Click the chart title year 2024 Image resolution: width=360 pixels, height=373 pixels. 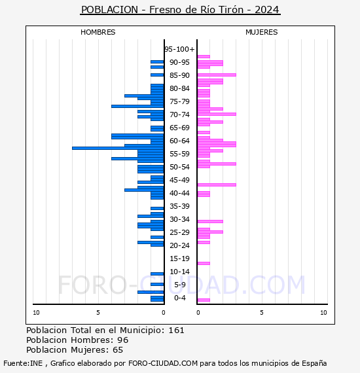pyautogui.click(x=267, y=10)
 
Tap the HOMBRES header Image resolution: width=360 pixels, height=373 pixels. pyautogui.click(x=98, y=32)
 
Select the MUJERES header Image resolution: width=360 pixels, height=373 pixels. pyautogui.click(x=262, y=32)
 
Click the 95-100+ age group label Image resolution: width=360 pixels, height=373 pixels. pyautogui.click(x=179, y=49)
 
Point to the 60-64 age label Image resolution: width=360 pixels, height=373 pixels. pyautogui.click(x=179, y=141)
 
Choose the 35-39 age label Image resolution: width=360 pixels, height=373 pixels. pyautogui.click(x=179, y=206)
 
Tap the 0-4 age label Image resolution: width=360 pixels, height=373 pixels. pyautogui.click(x=180, y=298)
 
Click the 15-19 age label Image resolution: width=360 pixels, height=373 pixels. pyautogui.click(x=179, y=258)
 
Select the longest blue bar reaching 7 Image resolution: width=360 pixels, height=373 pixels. pyautogui.click(x=118, y=148)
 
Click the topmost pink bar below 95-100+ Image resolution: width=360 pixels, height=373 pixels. pyautogui.click(x=204, y=57)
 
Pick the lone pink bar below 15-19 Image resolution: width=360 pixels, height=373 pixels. pyautogui.click(x=204, y=263)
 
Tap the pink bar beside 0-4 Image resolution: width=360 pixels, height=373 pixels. pyautogui.click(x=204, y=300)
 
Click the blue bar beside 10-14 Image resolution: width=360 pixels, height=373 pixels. pyautogui.click(x=157, y=274)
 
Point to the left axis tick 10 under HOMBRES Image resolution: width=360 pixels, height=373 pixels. pyautogui.click(x=36, y=313)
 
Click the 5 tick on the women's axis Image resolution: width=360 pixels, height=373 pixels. pyautogui.click(x=262, y=313)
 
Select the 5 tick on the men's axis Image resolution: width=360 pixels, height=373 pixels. pyautogui.click(x=98, y=313)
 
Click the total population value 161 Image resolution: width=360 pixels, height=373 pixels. pyautogui.click(x=176, y=330)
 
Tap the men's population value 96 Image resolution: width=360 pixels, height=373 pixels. pyautogui.click(x=123, y=340)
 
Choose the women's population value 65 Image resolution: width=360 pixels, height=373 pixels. pyautogui.click(x=118, y=350)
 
